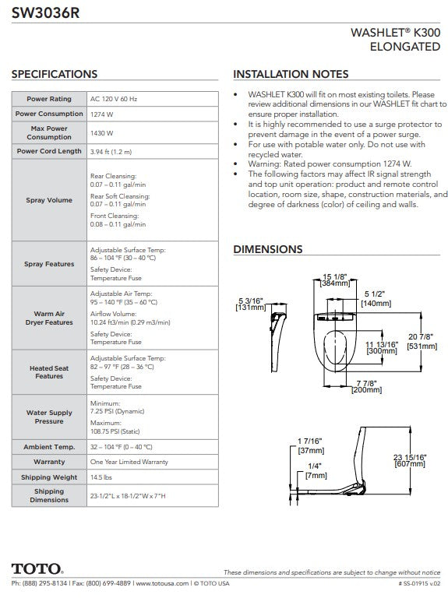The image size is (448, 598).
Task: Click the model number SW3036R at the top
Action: coord(45,13)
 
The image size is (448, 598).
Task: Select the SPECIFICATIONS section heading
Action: coord(55,74)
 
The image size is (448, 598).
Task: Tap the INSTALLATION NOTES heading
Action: coord(291,74)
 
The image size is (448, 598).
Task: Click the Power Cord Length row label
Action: coord(49,151)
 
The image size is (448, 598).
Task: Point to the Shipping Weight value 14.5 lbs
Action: coord(101,477)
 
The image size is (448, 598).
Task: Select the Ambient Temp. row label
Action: coord(49,447)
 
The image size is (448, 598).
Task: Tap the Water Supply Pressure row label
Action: coord(49,417)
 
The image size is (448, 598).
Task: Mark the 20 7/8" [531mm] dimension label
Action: coord(422,341)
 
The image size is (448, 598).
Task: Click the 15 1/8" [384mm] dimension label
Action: coord(335,280)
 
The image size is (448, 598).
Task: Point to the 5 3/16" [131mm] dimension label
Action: coord(251,304)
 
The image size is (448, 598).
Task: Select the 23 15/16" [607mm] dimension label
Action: coord(410,460)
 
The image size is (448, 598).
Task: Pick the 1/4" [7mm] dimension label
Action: coord(316,470)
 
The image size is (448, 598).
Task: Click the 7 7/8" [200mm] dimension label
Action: coord(367,386)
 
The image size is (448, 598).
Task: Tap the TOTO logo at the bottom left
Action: coord(37,568)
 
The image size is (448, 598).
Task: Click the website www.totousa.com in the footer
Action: coord(162,583)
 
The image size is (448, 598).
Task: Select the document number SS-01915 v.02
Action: coord(419,583)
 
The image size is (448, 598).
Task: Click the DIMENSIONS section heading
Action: coord(268,249)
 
